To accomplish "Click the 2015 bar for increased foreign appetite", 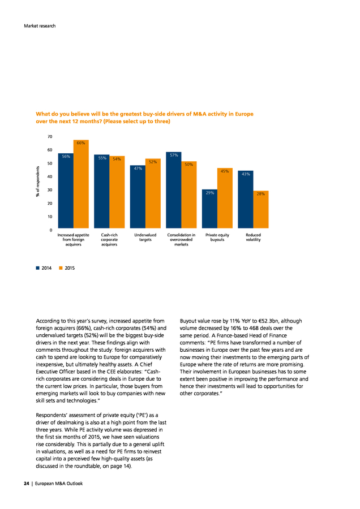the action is tap(81, 184).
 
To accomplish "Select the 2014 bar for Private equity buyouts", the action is tap(209, 209).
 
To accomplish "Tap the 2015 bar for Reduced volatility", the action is tap(261, 209).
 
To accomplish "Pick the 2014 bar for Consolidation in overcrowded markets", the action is tap(174, 190).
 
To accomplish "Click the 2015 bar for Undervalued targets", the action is tap(153, 193).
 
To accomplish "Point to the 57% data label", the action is tap(174, 156).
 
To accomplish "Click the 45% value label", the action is tap(225, 171).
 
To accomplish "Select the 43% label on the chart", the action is tap(246, 174).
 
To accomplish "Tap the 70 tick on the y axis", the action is tap(50, 137).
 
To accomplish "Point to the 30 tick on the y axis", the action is tap(50, 190).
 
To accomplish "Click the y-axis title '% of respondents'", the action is tap(38, 182).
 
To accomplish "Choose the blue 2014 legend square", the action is tap(38, 268).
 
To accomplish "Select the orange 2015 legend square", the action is tap(61, 268).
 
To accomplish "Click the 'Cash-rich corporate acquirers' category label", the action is tap(109, 240).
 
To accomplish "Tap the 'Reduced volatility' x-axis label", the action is tap(253, 238).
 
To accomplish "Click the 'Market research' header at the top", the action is tap(40, 26).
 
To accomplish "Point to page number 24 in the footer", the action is tap(26, 484).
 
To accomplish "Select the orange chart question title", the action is tap(144, 118).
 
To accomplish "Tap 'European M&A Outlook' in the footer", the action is tap(59, 484).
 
